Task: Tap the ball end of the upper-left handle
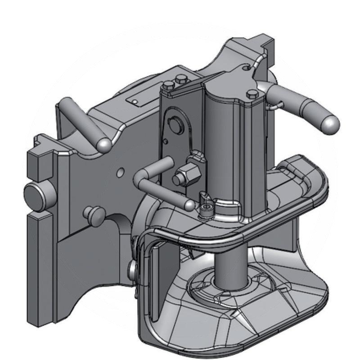104,144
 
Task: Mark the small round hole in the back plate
120,171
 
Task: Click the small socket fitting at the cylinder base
207,207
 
